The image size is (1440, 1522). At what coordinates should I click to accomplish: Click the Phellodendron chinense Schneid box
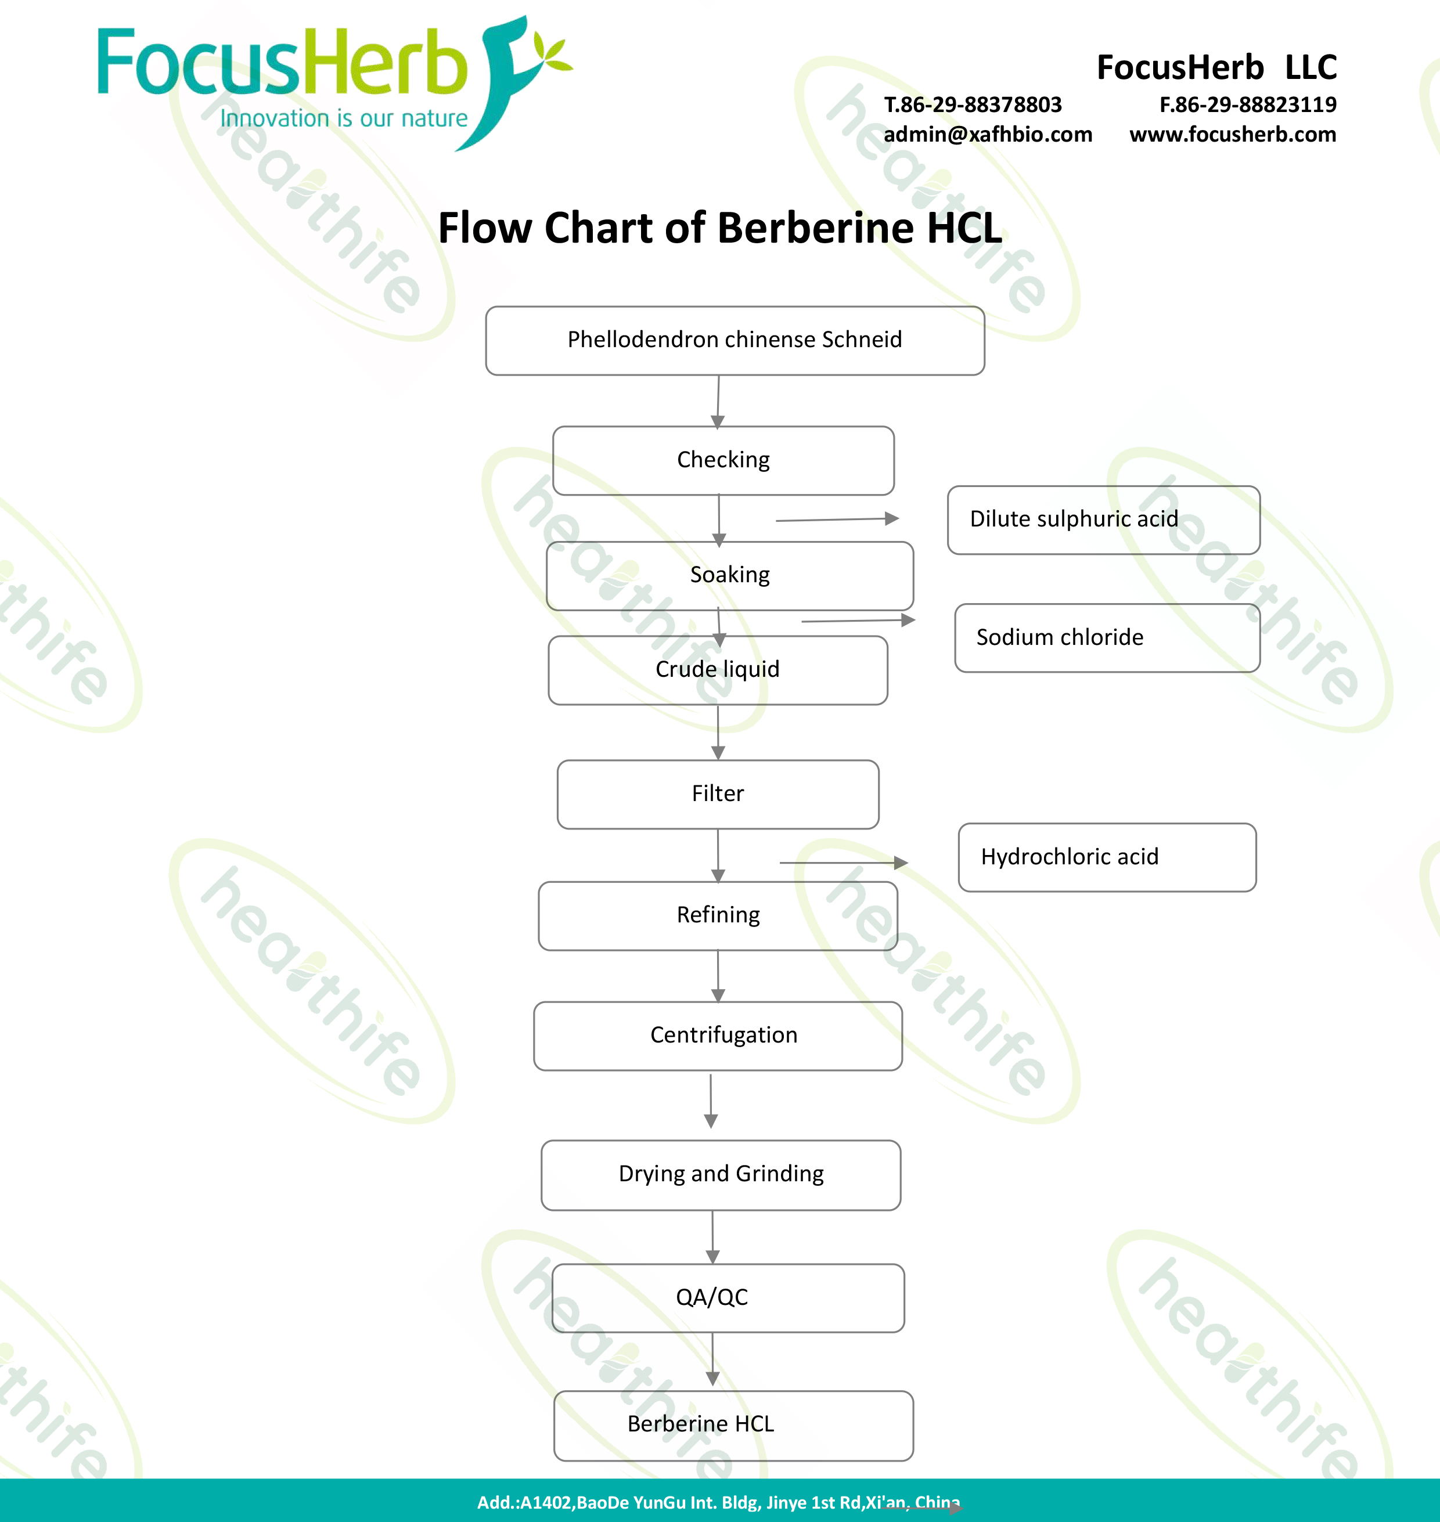click(735, 340)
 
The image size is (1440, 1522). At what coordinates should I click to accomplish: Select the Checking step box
click(723, 460)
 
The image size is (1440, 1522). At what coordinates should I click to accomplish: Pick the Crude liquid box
click(718, 669)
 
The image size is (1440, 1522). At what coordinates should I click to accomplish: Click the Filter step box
click(718, 794)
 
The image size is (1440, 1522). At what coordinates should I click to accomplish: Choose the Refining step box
click(718, 915)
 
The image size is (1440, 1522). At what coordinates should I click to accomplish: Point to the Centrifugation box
click(718, 1036)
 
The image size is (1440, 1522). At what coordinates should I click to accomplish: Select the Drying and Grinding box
click(721, 1174)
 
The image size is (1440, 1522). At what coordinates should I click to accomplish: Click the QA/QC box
click(728, 1297)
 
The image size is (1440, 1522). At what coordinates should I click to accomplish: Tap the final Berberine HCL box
click(733, 1424)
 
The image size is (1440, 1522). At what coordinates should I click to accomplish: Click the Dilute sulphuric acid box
click(1103, 520)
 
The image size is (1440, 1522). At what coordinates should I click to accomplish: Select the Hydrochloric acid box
click(1107, 857)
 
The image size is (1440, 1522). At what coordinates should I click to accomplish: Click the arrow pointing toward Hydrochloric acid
click(844, 863)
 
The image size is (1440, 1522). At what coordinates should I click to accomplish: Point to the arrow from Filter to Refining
click(718, 855)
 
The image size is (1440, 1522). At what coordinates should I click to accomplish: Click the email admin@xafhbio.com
click(987, 134)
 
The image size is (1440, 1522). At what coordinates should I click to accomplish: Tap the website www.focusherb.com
click(1232, 134)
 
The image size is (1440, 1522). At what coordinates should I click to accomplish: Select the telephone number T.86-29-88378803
click(973, 104)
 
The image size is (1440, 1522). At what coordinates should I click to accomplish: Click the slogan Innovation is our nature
click(343, 119)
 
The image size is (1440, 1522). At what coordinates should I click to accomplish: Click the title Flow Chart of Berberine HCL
click(719, 228)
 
